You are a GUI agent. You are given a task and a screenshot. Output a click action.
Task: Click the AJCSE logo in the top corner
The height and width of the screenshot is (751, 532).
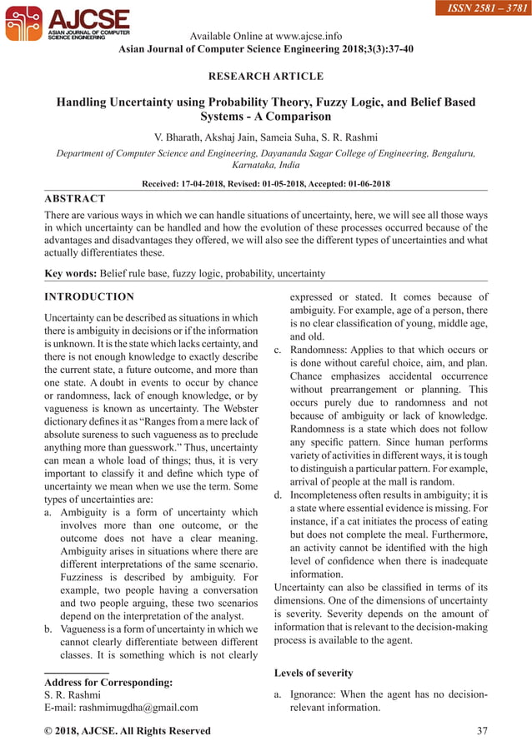point(68,24)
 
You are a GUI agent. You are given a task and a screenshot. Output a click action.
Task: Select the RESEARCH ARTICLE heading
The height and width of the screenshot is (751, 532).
point(265,77)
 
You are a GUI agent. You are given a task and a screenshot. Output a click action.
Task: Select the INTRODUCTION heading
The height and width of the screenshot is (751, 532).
point(88,297)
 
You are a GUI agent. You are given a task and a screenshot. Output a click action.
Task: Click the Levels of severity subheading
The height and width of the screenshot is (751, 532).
point(313,672)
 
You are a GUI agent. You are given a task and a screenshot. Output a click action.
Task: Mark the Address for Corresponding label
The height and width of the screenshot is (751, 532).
point(108,682)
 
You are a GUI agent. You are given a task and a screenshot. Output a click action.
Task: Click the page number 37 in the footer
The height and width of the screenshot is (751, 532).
point(480,730)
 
